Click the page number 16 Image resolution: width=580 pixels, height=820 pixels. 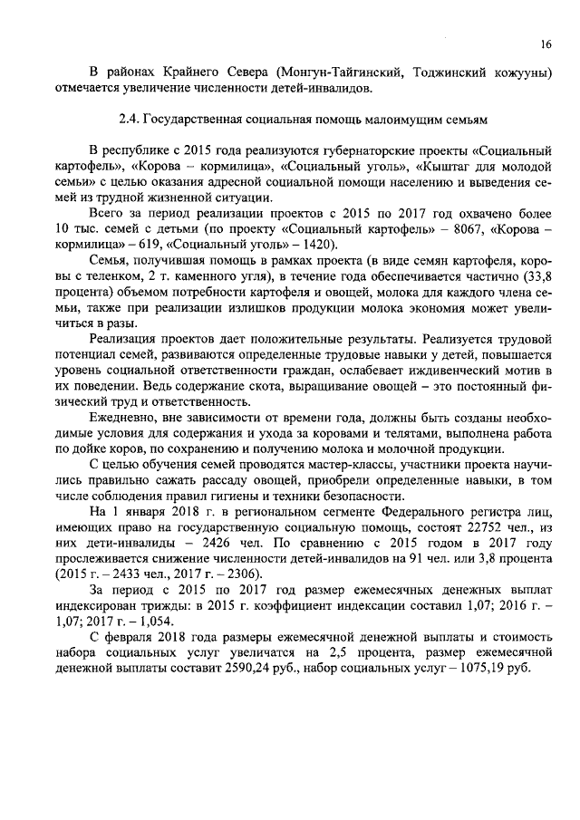546,44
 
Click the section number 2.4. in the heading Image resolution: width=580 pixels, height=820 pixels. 131,118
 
